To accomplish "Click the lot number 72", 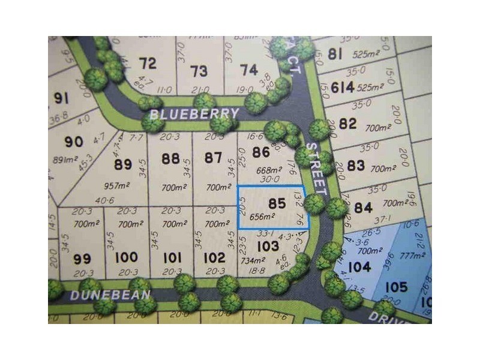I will (148, 63).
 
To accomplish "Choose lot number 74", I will (249, 70).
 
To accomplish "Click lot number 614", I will (342, 88).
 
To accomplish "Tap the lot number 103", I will (268, 245).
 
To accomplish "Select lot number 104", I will (359, 267).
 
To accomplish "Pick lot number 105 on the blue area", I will (395, 287).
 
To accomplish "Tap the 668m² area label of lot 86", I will (268, 169).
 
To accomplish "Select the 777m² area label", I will (415, 256).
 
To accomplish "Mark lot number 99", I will (82, 259).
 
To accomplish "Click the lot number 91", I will (61, 98).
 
